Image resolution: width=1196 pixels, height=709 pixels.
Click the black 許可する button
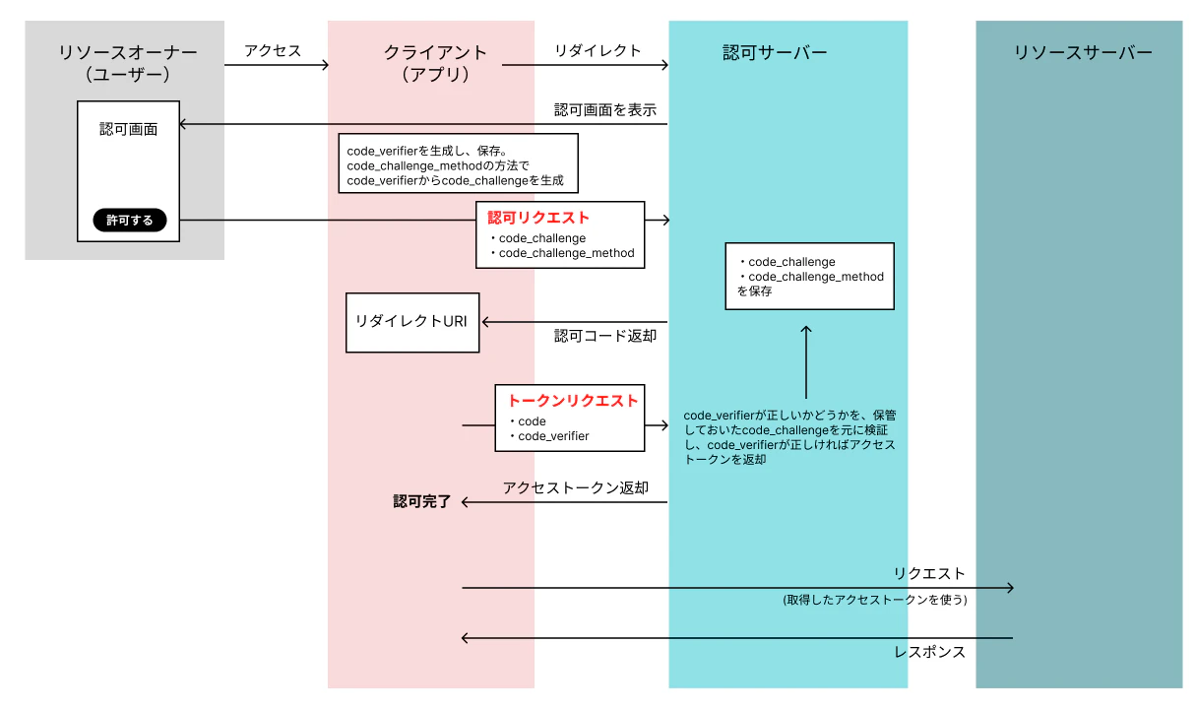click(130, 221)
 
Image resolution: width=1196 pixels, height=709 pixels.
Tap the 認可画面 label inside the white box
click(129, 129)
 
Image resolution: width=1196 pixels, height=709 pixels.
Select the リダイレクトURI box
click(412, 322)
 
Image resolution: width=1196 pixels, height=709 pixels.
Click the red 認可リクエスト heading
click(538, 218)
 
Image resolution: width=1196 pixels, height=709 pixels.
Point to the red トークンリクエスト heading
click(572, 401)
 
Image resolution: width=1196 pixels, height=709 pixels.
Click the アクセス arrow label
click(273, 51)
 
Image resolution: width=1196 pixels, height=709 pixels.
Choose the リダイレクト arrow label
click(598, 51)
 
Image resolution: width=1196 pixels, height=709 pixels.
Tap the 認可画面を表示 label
click(605, 110)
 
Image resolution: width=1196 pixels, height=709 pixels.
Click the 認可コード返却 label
click(605, 336)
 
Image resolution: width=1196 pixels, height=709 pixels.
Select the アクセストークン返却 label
click(576, 487)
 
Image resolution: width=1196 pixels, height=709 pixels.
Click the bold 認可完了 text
click(422, 501)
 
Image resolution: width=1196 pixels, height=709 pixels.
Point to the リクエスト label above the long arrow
click(929, 573)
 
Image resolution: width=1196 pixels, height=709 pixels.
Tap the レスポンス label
click(929, 652)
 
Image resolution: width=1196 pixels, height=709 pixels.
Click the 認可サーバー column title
click(775, 52)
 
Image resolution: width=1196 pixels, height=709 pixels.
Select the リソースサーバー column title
click(1083, 52)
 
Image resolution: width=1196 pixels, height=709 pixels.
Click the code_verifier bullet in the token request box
click(549, 436)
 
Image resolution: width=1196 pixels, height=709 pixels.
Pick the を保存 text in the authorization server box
click(754, 291)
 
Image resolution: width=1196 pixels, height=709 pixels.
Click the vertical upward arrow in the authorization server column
click(806, 362)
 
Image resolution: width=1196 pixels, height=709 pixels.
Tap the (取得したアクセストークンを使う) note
click(875, 600)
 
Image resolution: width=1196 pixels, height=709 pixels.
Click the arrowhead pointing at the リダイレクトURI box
click(485, 322)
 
